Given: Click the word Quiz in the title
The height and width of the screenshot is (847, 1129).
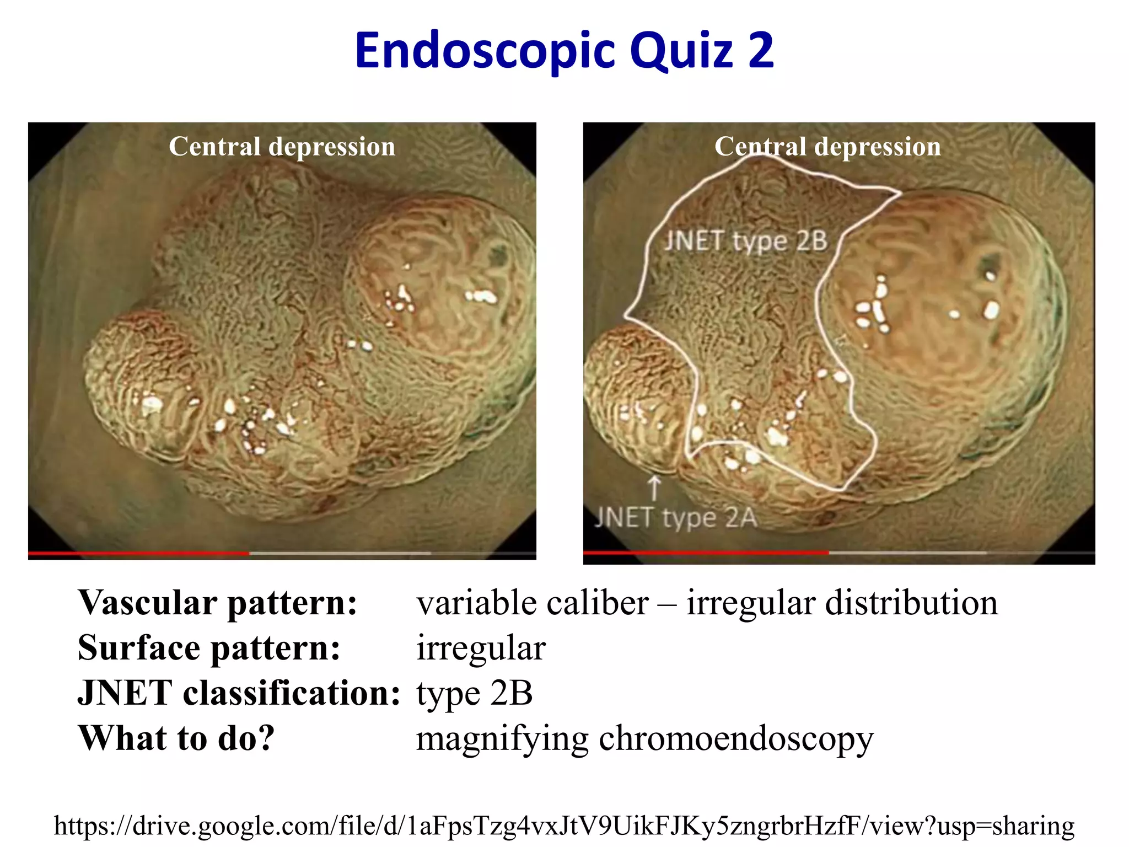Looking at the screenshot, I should (x=681, y=51).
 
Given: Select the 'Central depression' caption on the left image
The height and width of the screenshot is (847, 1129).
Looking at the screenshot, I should (x=282, y=147).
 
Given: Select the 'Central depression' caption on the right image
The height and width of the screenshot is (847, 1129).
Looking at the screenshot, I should (x=827, y=147).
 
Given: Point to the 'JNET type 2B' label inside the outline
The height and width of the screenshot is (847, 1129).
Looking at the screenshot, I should (x=745, y=241).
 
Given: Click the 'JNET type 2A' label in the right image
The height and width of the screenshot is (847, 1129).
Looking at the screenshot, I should (x=676, y=518).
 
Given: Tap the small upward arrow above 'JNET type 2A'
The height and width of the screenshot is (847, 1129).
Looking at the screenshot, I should (x=654, y=487).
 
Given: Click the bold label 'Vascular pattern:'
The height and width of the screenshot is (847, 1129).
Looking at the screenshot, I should (x=218, y=603).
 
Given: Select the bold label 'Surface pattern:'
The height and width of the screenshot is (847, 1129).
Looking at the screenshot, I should (x=209, y=648).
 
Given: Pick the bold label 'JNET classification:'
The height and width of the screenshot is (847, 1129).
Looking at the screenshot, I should (x=239, y=693).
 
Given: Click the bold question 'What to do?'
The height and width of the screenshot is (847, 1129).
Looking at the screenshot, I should (x=176, y=738).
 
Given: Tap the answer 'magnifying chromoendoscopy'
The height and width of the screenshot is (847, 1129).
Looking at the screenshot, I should (x=644, y=739).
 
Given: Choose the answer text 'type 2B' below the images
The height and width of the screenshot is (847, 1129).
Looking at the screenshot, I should (x=475, y=694).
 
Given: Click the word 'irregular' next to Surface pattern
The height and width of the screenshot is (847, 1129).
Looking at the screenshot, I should (x=481, y=648).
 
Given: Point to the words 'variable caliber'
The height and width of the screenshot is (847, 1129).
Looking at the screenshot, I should (x=533, y=603).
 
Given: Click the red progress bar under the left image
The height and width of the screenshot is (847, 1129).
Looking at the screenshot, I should (x=138, y=553).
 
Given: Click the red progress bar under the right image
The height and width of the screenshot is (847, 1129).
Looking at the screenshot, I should (x=706, y=552).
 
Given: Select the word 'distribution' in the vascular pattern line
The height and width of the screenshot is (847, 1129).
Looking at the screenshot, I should (x=911, y=603).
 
